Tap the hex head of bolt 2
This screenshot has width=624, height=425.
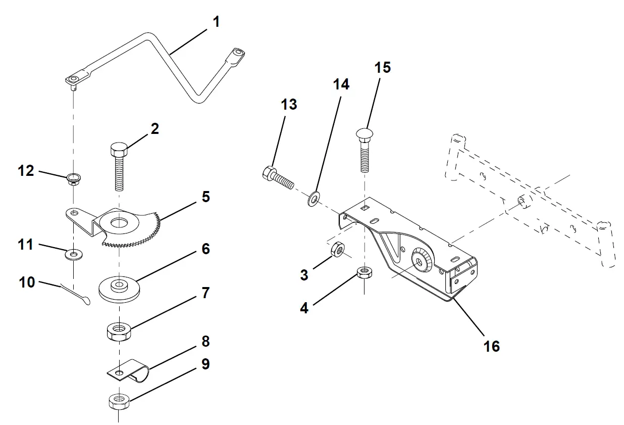119,151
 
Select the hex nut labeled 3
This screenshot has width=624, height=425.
336,249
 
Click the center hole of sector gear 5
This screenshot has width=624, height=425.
120,222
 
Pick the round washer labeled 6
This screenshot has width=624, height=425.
120,288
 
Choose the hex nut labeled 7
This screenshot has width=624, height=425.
119,331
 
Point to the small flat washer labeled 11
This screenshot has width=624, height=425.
74,253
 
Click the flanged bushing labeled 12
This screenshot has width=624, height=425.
74,179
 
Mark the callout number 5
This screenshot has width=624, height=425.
205,197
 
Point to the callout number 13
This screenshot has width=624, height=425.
289,105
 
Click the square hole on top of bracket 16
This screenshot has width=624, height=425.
365,207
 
